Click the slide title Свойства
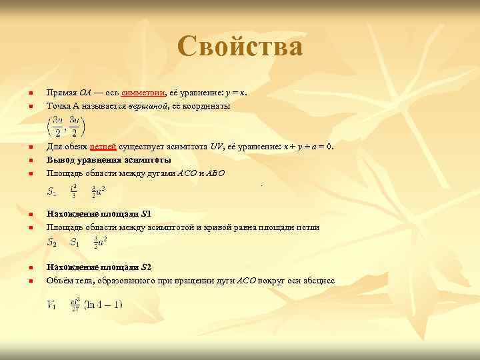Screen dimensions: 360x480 coord(240,47)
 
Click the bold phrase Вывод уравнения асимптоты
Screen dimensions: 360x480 coord(108,160)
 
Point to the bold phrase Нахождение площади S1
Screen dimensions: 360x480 coord(99,214)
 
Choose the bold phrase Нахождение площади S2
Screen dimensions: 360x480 coord(99,267)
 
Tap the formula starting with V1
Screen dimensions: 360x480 coord(84,305)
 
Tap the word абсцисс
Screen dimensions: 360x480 coord(318,281)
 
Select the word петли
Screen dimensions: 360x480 coord(309,227)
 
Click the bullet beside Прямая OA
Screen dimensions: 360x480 coord(30,93)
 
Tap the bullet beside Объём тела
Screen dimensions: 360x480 coord(30,281)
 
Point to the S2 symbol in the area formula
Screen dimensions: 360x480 coord(51,243)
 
